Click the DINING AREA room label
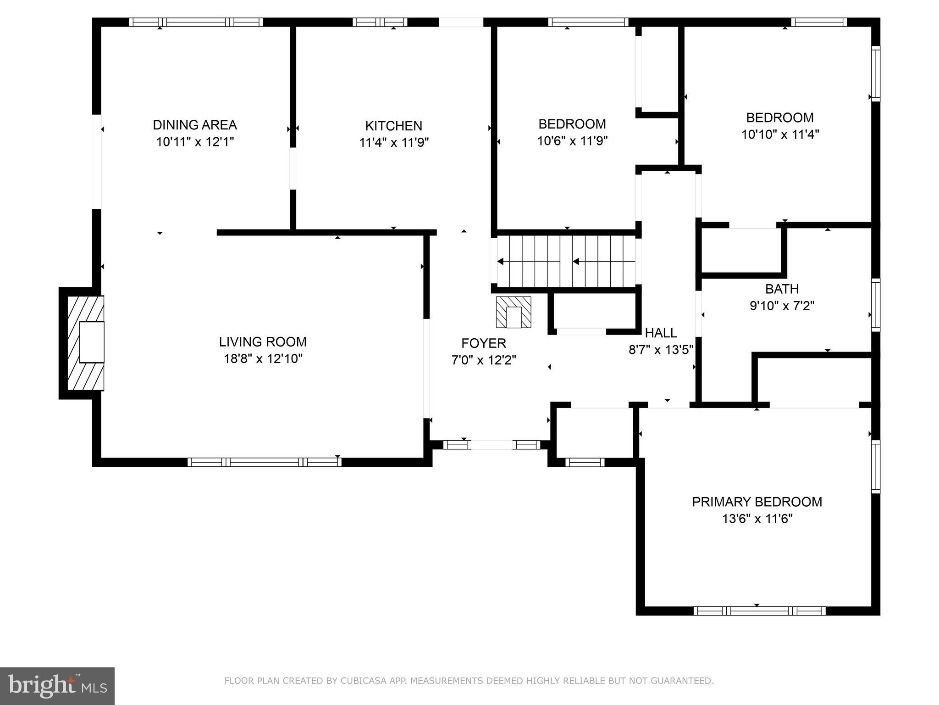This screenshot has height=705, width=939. point(195,125)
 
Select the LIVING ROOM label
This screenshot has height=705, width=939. point(263,342)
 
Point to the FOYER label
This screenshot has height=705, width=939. point(484,343)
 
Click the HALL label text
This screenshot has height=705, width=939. point(661,333)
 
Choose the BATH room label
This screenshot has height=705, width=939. point(782,289)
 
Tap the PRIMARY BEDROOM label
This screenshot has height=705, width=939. point(757,502)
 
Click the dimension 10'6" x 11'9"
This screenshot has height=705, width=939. point(572,141)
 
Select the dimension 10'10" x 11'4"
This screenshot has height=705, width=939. point(780,134)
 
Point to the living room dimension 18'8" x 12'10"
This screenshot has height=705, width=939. point(263,358)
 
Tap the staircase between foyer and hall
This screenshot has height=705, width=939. point(566,262)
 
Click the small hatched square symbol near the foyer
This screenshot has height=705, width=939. point(514,312)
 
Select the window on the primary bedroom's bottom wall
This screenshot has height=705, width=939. point(759,611)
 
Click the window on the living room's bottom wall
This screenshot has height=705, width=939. point(265,462)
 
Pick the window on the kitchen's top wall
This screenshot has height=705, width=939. point(380,22)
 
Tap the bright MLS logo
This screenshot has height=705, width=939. point(57,686)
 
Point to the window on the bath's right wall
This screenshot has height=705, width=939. point(876,305)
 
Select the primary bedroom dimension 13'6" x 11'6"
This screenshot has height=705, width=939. point(757,519)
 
